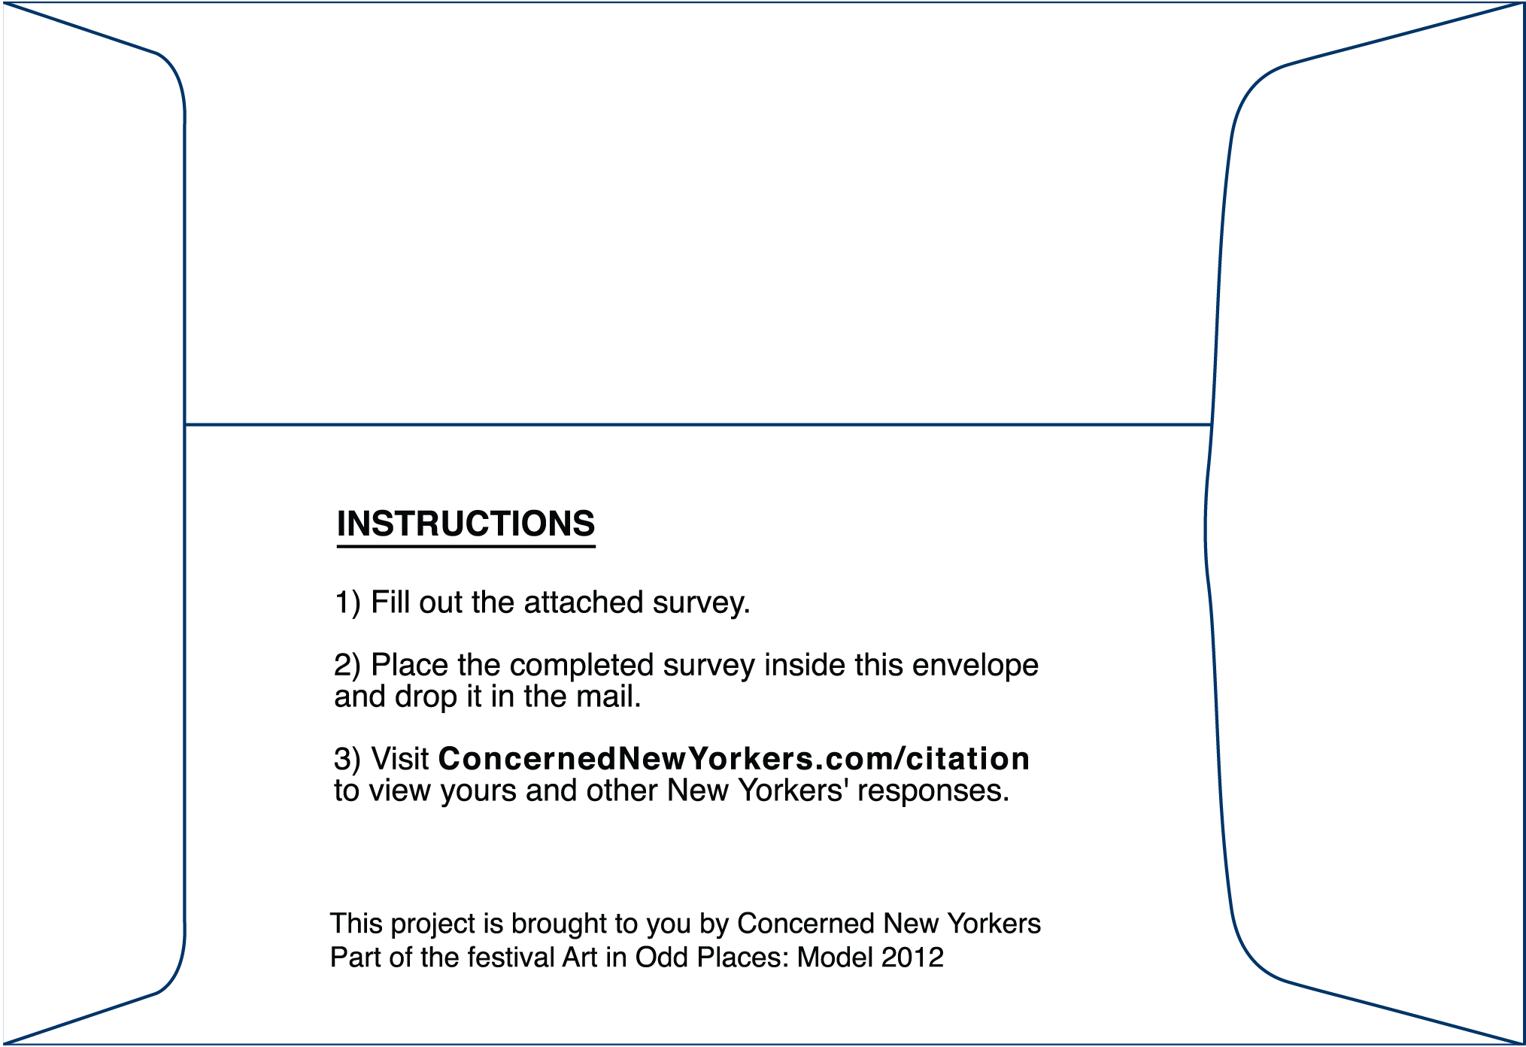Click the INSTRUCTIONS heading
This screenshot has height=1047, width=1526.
coord(466,523)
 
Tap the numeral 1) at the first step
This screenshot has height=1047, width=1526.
coord(347,603)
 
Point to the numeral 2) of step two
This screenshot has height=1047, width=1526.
coord(347,666)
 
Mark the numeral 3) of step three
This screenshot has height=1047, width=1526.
coord(347,760)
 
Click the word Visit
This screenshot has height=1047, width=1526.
coord(400,760)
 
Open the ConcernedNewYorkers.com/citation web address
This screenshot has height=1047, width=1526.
coord(733,760)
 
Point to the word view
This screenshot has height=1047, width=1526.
coord(402,791)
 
